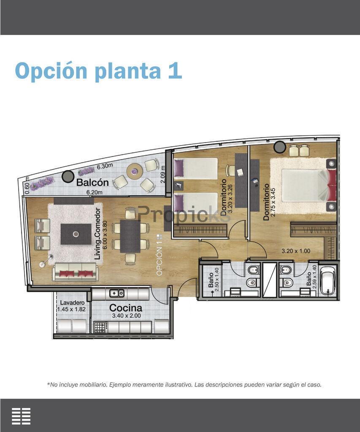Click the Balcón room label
(x=92, y=182)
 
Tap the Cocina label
(x=126, y=308)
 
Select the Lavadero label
(x=72, y=303)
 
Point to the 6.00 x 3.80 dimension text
(x=105, y=235)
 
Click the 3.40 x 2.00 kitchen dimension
(x=126, y=316)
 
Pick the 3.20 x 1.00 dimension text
(x=296, y=251)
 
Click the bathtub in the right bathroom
(x=328, y=280)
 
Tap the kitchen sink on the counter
(x=117, y=293)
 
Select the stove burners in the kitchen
(x=100, y=327)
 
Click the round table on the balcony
(x=135, y=171)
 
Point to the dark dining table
(x=130, y=236)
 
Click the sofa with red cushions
(x=75, y=272)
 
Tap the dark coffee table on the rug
(x=76, y=234)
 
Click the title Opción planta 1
(x=99, y=71)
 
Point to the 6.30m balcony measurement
(x=105, y=166)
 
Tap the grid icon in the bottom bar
(x=21, y=416)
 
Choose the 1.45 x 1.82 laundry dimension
(x=71, y=309)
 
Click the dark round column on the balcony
(x=68, y=176)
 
